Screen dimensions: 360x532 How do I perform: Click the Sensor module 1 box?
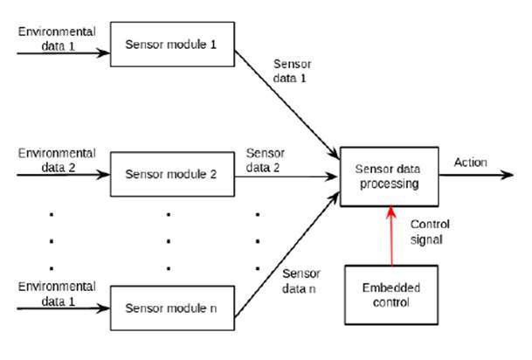170,44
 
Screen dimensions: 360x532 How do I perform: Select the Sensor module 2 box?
170,173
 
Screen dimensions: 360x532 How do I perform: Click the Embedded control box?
390,294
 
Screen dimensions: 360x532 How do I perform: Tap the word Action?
471,162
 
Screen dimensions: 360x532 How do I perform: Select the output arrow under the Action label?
476,173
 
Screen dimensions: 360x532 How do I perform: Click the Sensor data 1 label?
291,72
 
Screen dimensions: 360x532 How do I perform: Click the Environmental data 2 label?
55,159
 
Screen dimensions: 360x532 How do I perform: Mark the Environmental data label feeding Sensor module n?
55,293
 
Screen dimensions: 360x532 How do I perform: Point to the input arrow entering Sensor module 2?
61,173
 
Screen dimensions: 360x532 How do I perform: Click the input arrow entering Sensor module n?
61,307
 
